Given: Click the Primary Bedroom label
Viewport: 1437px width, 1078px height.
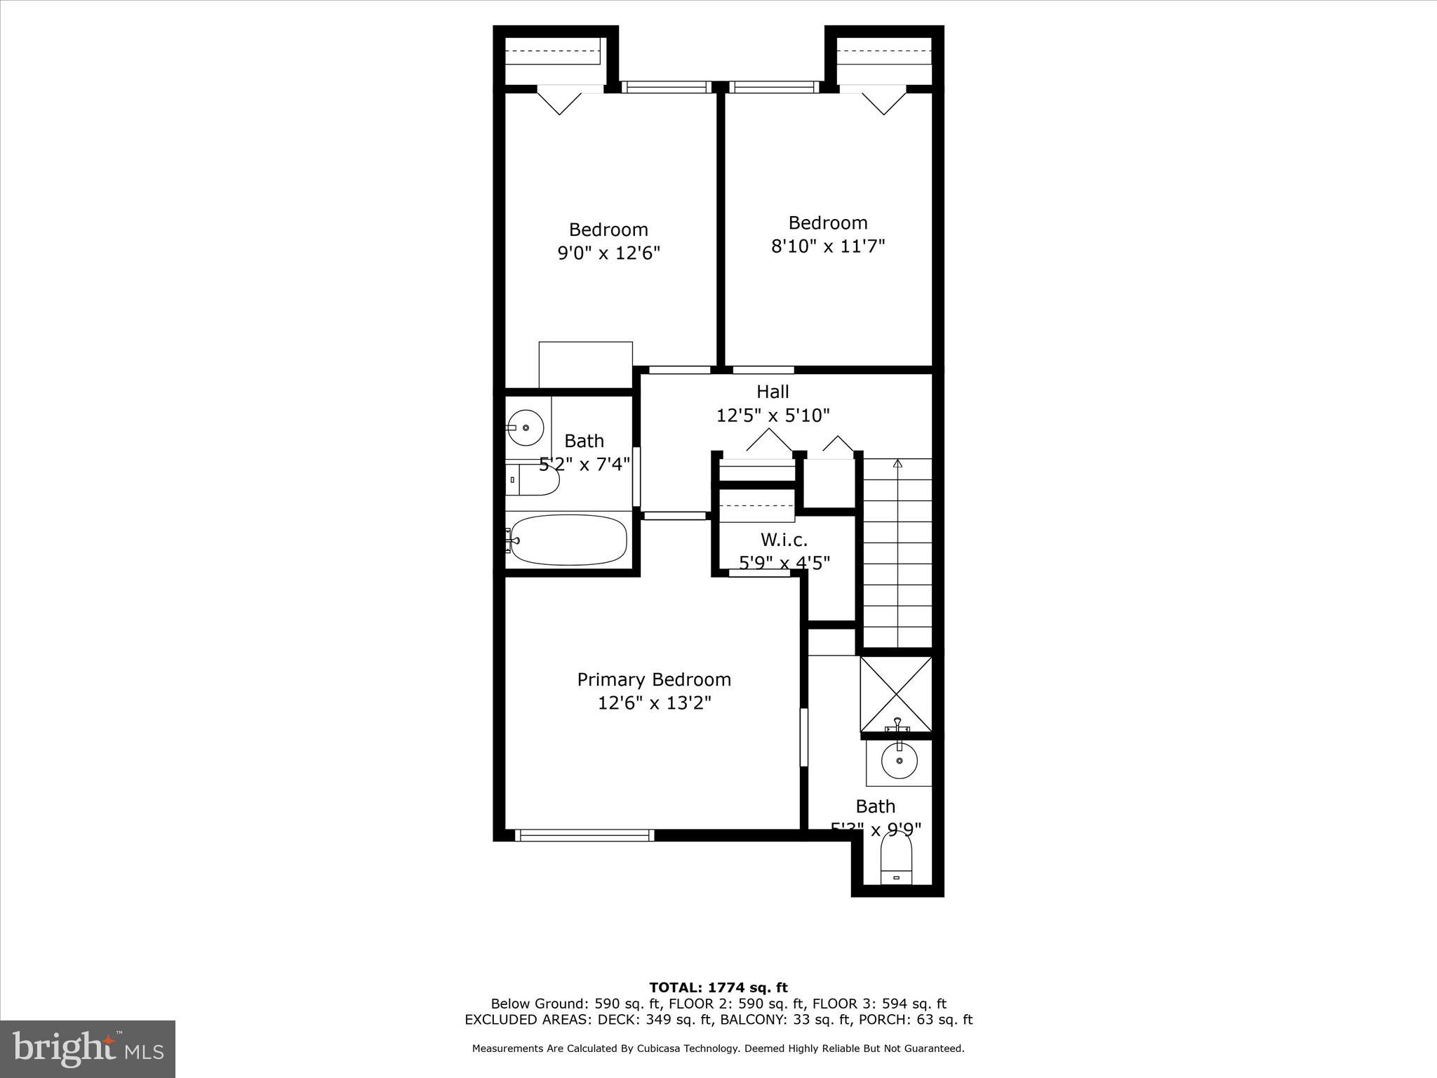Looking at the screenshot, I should point(654,679).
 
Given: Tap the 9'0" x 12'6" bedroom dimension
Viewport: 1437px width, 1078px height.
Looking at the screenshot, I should point(609,253).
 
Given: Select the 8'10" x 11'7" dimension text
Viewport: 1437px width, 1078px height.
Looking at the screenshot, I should point(828,246).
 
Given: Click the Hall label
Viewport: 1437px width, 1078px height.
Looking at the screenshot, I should point(773,392).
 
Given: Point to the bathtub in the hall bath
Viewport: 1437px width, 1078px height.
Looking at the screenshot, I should point(568,540).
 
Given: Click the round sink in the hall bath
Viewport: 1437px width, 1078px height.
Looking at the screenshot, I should point(526,427).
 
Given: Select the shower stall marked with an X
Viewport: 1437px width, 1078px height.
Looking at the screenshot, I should point(896,695).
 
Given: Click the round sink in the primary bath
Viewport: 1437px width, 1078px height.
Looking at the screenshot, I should point(899,761).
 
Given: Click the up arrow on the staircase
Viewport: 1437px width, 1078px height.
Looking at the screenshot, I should point(897,463).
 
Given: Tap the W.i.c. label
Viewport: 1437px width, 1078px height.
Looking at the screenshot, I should point(784,540).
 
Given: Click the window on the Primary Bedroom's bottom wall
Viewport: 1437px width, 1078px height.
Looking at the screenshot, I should point(584,835).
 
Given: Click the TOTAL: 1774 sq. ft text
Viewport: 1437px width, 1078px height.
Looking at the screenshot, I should point(718,987).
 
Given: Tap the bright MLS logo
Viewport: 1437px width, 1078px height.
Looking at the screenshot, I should point(88,1049).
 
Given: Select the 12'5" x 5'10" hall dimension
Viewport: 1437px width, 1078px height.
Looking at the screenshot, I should point(773,415).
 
